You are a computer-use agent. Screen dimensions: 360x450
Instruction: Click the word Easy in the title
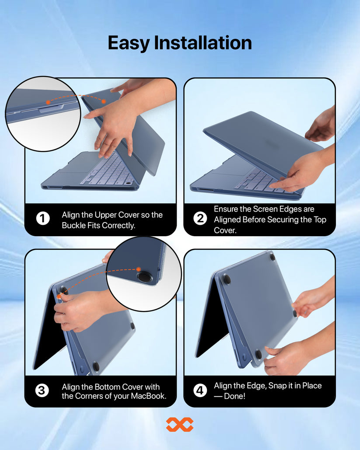(x=129, y=43)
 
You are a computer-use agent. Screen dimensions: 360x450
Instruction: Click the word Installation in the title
(x=203, y=42)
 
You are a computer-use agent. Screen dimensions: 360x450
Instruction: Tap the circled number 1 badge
(x=43, y=218)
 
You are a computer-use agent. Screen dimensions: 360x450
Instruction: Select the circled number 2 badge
(x=200, y=218)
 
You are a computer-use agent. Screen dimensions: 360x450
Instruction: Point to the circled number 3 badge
(x=42, y=390)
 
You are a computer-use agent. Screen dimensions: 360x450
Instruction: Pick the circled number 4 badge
(x=200, y=390)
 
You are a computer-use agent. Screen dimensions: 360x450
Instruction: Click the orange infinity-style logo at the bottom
(x=180, y=425)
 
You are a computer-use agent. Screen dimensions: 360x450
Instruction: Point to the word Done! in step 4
(x=234, y=396)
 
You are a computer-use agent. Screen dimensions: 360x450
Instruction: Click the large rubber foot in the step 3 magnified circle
(x=144, y=278)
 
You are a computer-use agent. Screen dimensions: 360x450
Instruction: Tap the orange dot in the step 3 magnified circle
(x=138, y=269)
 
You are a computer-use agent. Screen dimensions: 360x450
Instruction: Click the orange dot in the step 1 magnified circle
(x=48, y=102)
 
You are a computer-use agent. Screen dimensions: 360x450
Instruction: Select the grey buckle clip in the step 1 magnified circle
(x=51, y=109)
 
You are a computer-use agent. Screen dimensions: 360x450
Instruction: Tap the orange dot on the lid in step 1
(x=104, y=101)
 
